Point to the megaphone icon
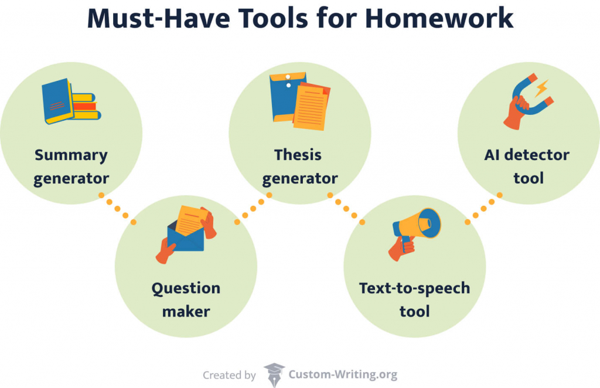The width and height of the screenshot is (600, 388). pyautogui.click(x=417, y=226)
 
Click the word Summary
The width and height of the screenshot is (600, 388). pyautogui.click(x=71, y=155)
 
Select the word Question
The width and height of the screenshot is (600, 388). pyautogui.click(x=186, y=288)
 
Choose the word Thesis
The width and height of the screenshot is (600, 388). pyautogui.click(x=298, y=155)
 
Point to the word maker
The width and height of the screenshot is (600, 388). pyautogui.click(x=186, y=311)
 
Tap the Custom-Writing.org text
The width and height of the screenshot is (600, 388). pyautogui.click(x=343, y=375)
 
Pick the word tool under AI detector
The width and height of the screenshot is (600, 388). pyautogui.click(x=529, y=178)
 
